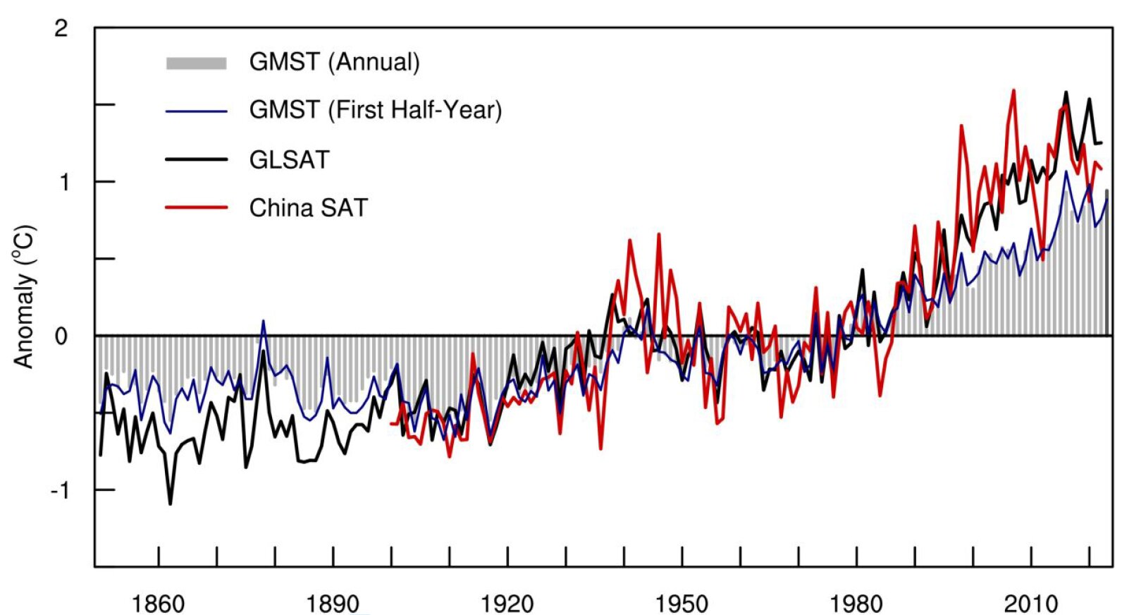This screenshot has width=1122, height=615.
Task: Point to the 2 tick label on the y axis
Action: coord(62,29)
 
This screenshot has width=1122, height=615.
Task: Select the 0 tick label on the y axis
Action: coord(62,336)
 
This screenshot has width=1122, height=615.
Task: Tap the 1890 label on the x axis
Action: coord(333,604)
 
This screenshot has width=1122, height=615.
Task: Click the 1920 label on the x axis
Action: coord(507,604)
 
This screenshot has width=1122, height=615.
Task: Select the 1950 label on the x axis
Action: coord(682,604)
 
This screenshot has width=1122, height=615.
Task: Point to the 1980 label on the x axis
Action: coord(856,604)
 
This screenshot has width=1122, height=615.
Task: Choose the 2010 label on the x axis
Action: coord(1031,604)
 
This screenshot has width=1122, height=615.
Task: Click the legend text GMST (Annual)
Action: coord(334,62)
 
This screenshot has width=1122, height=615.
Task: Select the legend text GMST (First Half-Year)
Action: coord(375,110)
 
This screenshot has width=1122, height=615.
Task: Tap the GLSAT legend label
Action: coord(289,160)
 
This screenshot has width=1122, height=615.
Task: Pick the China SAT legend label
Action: coord(308,208)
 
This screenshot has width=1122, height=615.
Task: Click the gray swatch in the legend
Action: coord(196,63)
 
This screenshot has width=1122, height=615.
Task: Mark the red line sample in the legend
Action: coord(196,208)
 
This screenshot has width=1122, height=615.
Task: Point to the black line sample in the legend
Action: coord(196,159)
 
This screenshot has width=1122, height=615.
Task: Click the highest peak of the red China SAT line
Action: coord(1013,90)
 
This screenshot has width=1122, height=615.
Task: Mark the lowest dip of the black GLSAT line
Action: coord(170,504)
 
